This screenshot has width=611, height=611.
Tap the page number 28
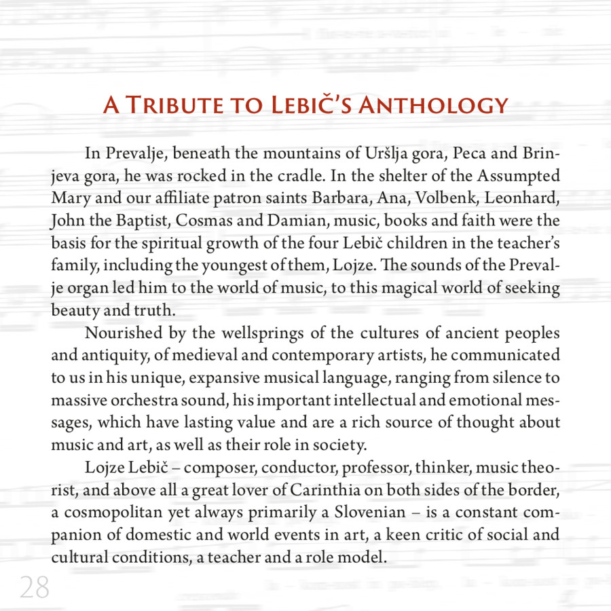[x=34, y=587]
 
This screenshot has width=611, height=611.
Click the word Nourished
[x=124, y=335]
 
